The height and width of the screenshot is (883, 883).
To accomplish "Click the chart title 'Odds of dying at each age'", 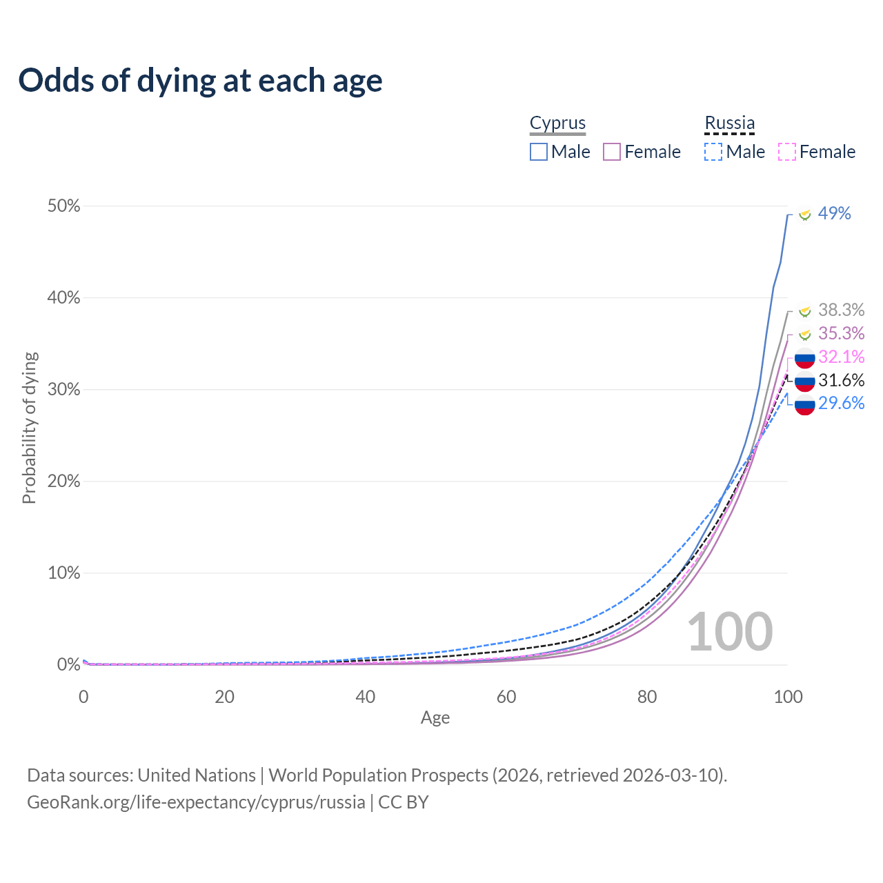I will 200,81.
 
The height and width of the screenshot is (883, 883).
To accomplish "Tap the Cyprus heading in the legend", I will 557,123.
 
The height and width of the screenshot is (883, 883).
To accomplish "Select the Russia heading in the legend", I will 729,123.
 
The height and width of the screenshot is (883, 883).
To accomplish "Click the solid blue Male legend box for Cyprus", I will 539,152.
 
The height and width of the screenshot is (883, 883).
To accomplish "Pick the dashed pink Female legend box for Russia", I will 787,152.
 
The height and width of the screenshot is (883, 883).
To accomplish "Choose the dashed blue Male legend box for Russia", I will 713,152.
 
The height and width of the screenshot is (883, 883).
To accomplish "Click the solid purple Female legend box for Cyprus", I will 612,152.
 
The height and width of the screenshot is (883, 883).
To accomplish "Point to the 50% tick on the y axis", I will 64,206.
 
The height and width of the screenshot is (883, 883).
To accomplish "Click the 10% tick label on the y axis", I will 64,573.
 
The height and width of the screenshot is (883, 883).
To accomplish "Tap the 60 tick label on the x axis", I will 506,697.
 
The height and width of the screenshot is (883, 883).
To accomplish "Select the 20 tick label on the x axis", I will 224,697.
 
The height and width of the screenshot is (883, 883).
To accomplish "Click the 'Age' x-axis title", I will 435,718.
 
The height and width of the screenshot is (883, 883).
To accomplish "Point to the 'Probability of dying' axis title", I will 29,428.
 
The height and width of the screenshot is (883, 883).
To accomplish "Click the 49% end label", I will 834,214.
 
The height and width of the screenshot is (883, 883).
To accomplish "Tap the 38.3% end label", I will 841,310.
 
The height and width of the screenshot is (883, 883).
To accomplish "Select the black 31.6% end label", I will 841,380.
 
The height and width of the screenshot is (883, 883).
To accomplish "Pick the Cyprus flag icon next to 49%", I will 804,215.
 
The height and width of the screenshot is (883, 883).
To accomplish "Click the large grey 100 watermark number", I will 730,632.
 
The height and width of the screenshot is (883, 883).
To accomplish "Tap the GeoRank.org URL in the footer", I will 196,802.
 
